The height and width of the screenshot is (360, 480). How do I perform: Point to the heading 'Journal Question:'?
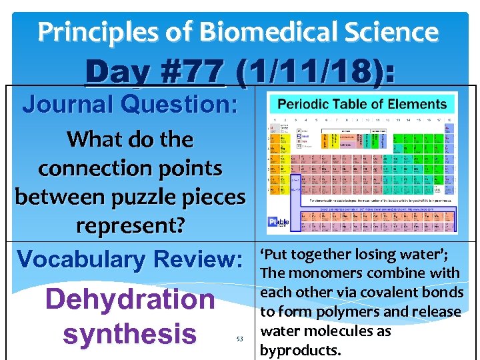[131, 104]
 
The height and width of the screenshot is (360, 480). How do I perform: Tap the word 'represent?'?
[130, 225]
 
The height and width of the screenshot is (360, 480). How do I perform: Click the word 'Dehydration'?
[130, 300]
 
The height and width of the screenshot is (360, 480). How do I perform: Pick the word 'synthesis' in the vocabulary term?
[130, 333]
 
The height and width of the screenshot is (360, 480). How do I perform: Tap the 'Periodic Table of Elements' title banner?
[361, 104]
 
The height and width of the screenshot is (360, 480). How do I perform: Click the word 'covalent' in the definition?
[391, 293]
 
